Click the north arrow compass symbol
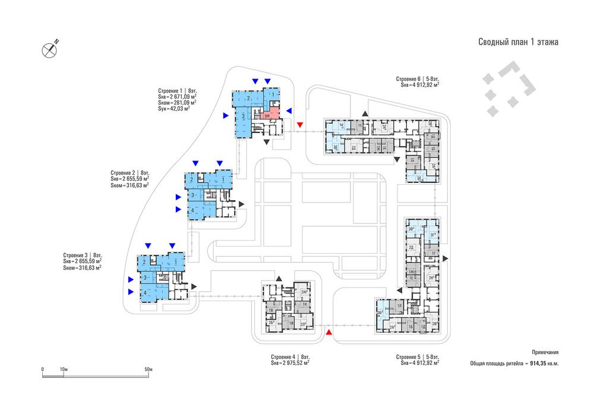(50, 49)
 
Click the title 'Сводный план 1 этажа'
(518, 42)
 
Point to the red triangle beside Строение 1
(300, 124)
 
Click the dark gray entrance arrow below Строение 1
(267, 142)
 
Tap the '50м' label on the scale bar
(148, 370)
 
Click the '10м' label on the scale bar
(64, 370)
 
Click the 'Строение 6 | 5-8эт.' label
(418, 79)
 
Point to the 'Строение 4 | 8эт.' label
(290, 356)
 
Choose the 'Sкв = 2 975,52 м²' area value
(290, 362)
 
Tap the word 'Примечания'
(545, 352)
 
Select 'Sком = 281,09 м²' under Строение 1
(176, 103)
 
